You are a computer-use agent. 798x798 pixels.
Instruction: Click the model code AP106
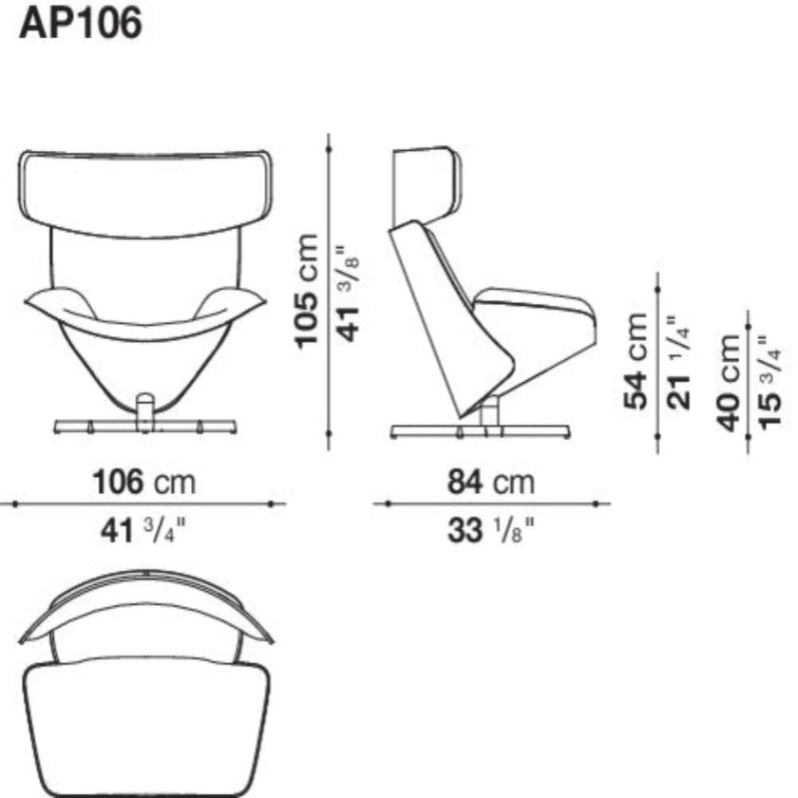click(x=81, y=23)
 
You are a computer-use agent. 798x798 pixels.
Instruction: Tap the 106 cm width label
click(x=144, y=482)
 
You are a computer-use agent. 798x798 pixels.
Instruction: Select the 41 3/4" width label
click(x=143, y=530)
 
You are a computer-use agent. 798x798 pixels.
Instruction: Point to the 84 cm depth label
click(x=491, y=482)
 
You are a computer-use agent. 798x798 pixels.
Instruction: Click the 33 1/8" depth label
click(x=491, y=530)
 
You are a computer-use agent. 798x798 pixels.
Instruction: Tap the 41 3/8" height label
click(x=350, y=294)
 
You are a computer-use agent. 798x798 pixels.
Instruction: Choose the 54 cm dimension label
click(x=636, y=361)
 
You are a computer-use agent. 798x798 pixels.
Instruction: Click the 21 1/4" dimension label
click(x=679, y=362)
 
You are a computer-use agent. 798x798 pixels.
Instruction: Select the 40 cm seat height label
click(x=728, y=383)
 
